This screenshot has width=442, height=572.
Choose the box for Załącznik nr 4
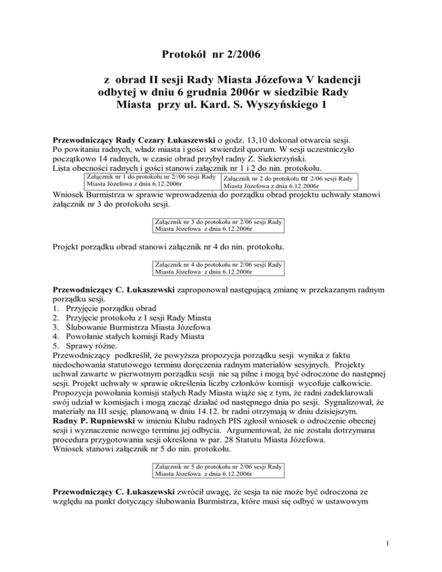[x=218, y=267]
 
